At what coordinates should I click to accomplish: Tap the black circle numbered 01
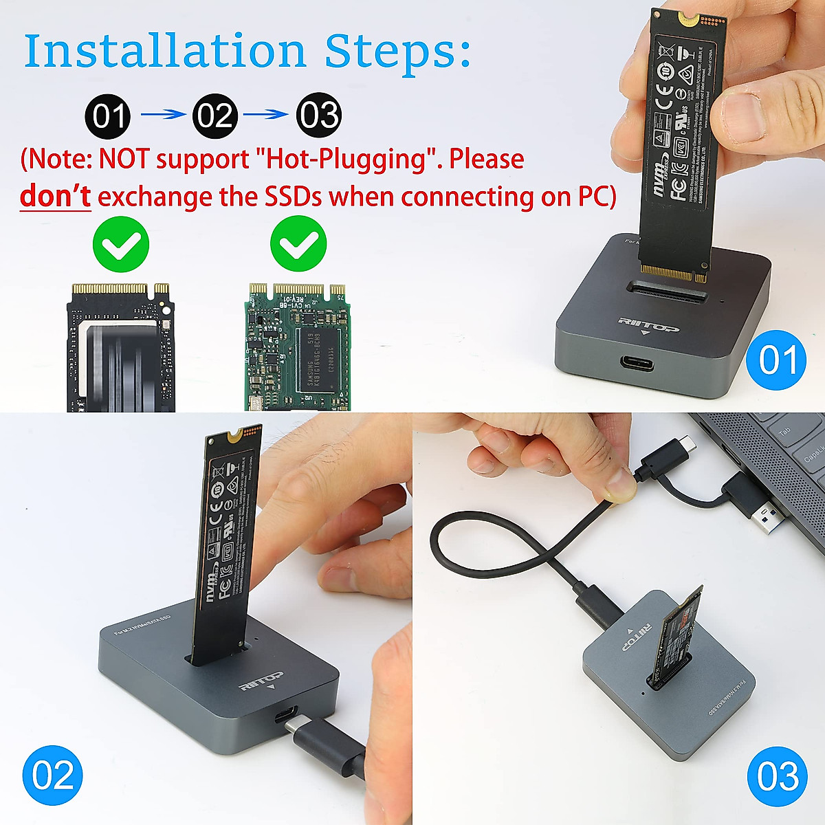click(108, 115)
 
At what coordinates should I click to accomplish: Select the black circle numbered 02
click(214, 115)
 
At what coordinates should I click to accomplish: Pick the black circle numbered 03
click(319, 115)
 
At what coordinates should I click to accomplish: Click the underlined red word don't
click(55, 197)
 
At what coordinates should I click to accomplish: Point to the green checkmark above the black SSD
click(121, 243)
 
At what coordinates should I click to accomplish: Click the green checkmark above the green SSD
click(298, 243)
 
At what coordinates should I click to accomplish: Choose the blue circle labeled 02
click(52, 775)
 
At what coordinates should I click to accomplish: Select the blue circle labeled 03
click(778, 776)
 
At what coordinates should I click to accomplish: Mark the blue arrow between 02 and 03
click(267, 115)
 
